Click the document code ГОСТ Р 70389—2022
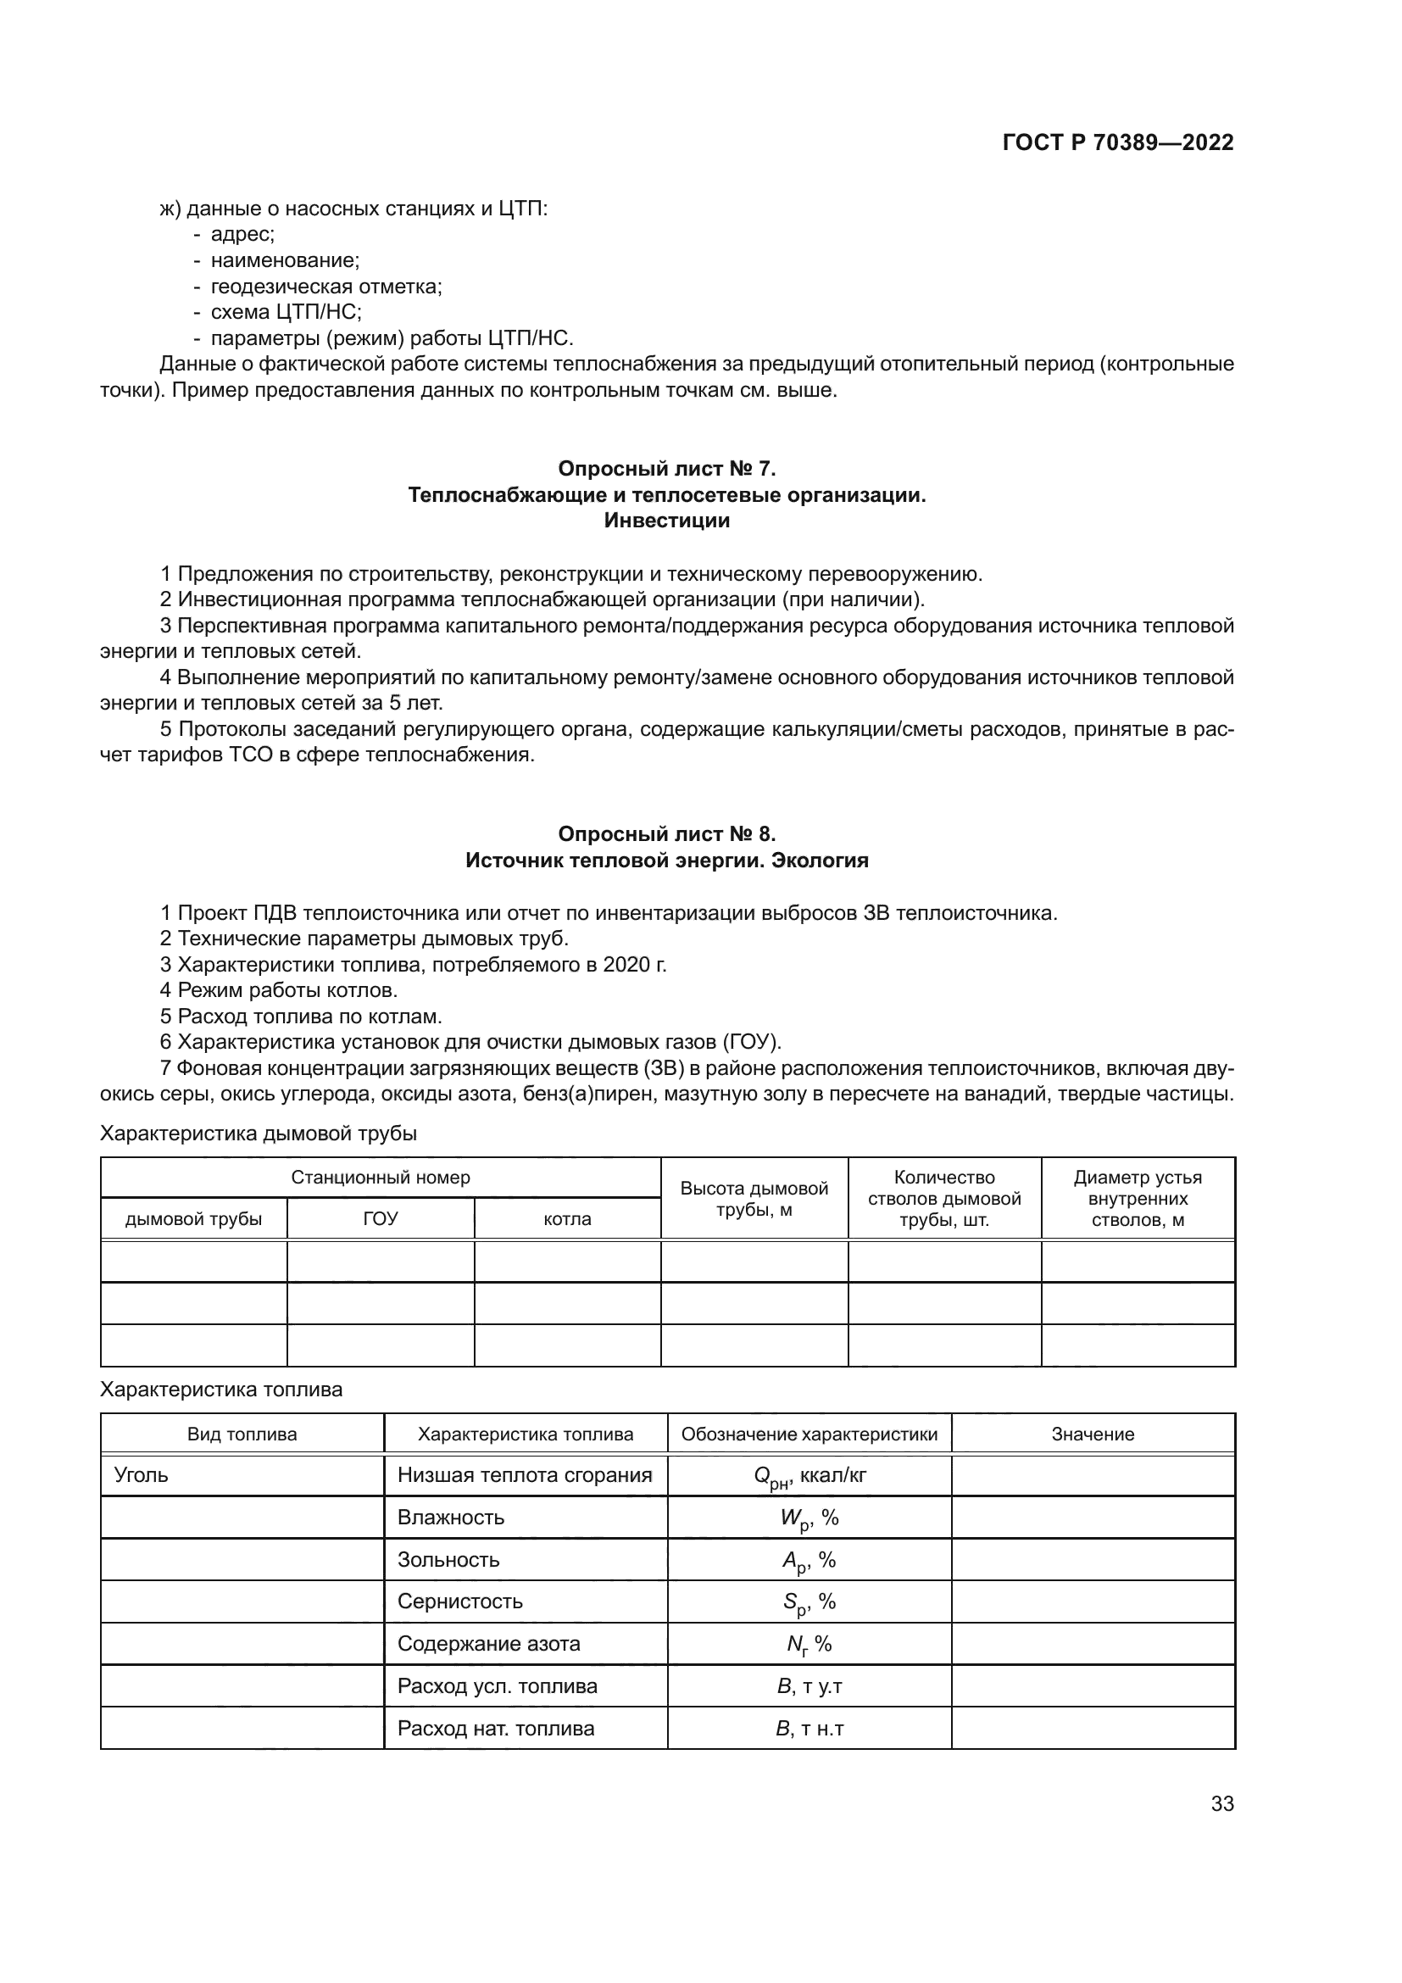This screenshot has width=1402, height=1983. pyautogui.click(x=1118, y=142)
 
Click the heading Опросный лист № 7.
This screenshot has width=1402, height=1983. pyautogui.click(x=666, y=468)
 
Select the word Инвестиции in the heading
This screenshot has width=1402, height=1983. pyautogui.click(x=666, y=521)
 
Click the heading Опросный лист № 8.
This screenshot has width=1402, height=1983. pyautogui.click(x=666, y=833)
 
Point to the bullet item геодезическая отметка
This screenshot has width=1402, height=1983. pyautogui.click(x=325, y=286)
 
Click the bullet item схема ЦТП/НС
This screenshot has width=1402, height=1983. pyautogui.click(x=286, y=312)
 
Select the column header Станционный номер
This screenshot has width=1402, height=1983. pyautogui.click(x=381, y=1178)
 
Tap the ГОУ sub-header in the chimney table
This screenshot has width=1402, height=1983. pyautogui.click(x=381, y=1218)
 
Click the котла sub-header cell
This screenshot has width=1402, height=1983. pyautogui.click(x=567, y=1218)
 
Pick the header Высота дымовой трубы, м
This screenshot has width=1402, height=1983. pyautogui.click(x=754, y=1199)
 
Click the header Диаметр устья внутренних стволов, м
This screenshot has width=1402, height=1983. pyautogui.click(x=1137, y=1199)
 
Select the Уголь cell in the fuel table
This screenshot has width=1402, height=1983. pyautogui.click(x=142, y=1475)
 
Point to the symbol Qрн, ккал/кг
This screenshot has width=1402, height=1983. pyautogui.click(x=809, y=1476)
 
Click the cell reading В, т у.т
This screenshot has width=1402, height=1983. pyautogui.click(x=809, y=1686)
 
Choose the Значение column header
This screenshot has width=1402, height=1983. pyautogui.click(x=1092, y=1434)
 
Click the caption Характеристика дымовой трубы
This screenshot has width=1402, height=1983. pyautogui.click(x=259, y=1134)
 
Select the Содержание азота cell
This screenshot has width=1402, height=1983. pyautogui.click(x=488, y=1644)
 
